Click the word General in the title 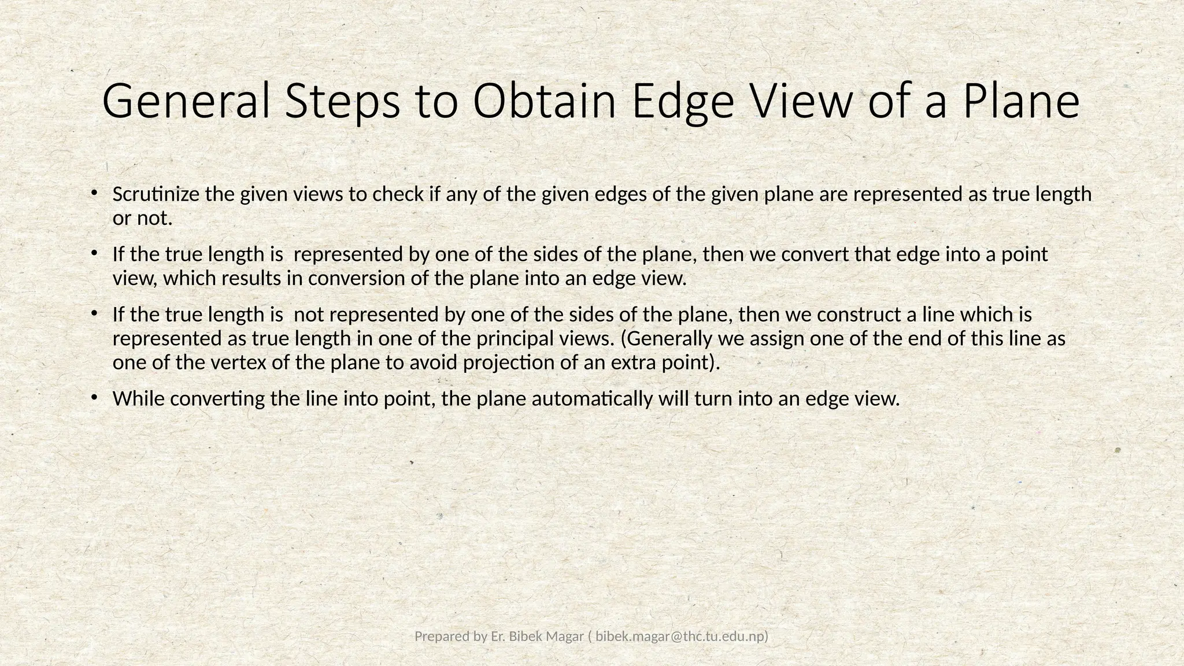(186, 101)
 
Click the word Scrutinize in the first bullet (157, 194)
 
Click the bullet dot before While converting (93, 397)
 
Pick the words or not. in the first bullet (142, 219)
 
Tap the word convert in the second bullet (816, 254)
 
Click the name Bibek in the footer (526, 637)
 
